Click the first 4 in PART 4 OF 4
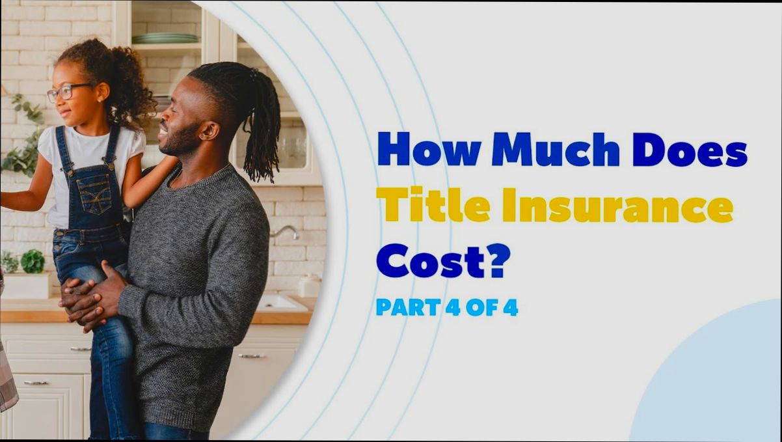click(452, 307)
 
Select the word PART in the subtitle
click(407, 307)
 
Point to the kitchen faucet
click(287, 230)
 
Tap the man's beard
click(179, 140)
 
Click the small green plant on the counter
click(32, 261)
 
